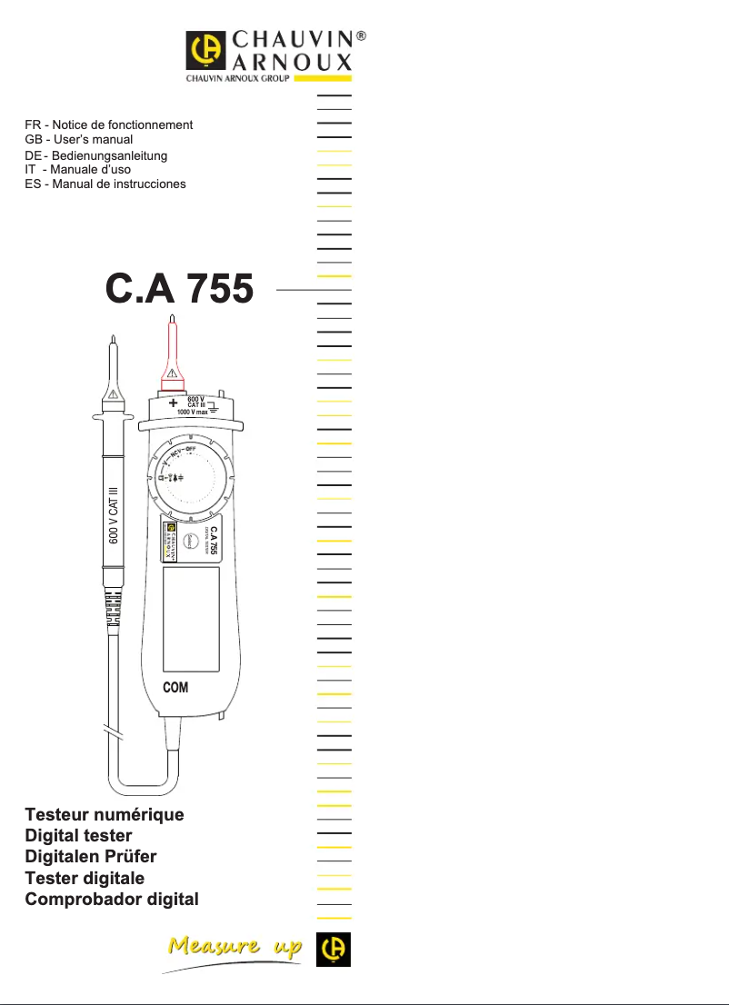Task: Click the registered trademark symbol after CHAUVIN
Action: (361, 37)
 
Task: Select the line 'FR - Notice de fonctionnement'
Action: (109, 124)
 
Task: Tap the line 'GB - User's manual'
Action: (79, 139)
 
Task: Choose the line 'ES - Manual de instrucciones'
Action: (105, 184)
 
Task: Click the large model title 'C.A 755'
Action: (179, 289)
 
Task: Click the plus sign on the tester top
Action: (173, 403)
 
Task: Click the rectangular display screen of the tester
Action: (191, 618)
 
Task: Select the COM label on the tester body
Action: (175, 687)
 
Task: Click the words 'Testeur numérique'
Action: (105, 814)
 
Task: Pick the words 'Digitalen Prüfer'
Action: (91, 857)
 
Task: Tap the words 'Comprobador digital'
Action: (112, 900)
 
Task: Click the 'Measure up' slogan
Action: (235, 948)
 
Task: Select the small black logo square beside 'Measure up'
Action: (334, 950)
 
